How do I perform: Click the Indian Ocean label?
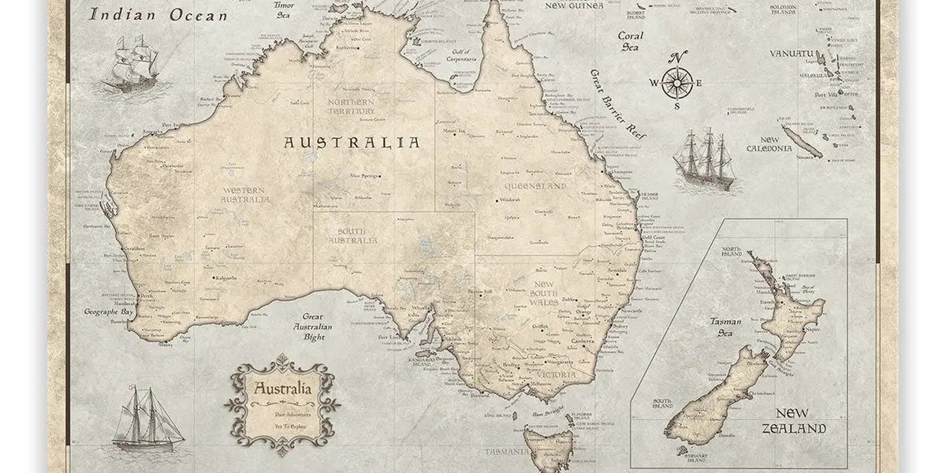click(x=158, y=14)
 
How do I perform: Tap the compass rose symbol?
click(x=676, y=82)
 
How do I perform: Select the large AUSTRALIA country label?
click(x=352, y=143)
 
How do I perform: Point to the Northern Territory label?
click(x=352, y=106)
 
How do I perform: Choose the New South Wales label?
click(x=544, y=292)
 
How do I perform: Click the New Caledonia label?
click(x=769, y=143)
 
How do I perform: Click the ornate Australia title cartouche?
click(x=282, y=404)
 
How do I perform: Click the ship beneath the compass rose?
click(x=704, y=158)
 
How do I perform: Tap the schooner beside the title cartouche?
click(x=147, y=419)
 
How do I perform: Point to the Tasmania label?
click(x=506, y=452)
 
